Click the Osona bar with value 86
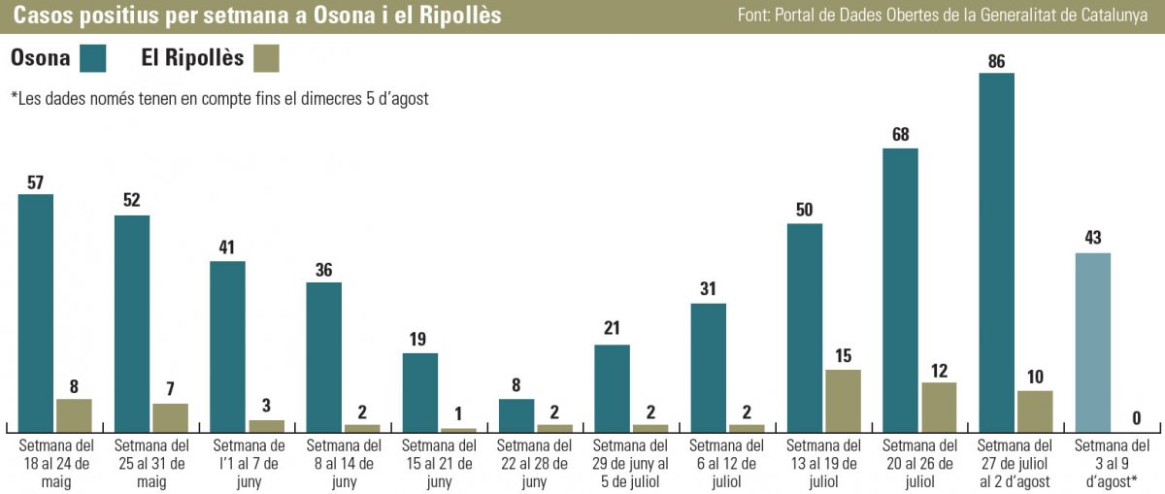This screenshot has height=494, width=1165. [996, 252]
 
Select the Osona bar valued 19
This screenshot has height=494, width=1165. [420, 391]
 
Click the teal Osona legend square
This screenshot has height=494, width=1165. [94, 58]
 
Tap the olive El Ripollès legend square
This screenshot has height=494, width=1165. [266, 58]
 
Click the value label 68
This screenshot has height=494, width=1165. [900, 134]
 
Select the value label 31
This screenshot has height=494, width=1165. [709, 288]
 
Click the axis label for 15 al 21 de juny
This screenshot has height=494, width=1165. [439, 463]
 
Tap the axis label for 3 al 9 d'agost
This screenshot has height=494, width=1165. [1113, 463]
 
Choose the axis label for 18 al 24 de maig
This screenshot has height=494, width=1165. [54, 463]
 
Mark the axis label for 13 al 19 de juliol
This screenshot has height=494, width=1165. [823, 463]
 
